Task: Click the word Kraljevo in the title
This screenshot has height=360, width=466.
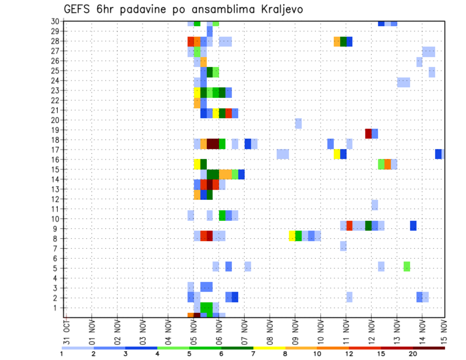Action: click(x=274, y=10)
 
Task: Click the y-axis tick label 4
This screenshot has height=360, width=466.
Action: click(x=57, y=278)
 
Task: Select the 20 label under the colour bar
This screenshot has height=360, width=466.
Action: click(x=413, y=354)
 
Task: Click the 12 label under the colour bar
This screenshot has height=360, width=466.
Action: click(x=349, y=354)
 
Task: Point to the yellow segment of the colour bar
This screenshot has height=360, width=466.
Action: click(x=269, y=348)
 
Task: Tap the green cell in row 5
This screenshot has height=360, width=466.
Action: click(x=407, y=266)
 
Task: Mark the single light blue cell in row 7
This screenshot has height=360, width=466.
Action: click(x=343, y=246)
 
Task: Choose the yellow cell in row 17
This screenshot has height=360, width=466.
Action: click(x=337, y=154)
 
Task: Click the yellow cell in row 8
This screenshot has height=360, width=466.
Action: click(x=292, y=236)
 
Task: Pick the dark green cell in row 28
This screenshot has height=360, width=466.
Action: click(x=343, y=41)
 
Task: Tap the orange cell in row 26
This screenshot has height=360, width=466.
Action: click(x=203, y=62)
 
